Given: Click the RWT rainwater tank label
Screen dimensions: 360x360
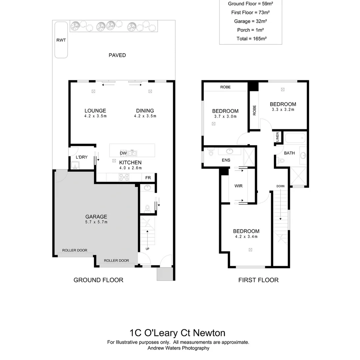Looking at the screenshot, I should click(61, 40).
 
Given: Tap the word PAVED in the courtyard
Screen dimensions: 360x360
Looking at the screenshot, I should click(117, 55).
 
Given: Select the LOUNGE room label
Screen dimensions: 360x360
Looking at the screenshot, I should click(95, 111).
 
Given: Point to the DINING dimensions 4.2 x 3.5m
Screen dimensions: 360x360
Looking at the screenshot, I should click(145, 116).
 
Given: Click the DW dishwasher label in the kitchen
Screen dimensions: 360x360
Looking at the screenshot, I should click(123, 153).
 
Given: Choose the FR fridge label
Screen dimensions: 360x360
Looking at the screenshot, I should click(148, 178).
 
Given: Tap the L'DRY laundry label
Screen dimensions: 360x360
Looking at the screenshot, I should click(82, 157).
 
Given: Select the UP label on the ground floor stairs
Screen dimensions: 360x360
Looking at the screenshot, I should click(147, 249).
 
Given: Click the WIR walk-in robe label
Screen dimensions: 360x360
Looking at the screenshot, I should click(238, 186).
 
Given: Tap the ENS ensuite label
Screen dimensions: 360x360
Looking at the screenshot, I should click(226, 160).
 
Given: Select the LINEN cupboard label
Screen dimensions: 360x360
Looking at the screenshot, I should click(277, 137).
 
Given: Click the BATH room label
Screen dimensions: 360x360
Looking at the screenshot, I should click(289, 153).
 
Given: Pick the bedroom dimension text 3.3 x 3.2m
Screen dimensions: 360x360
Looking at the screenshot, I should click(283, 109).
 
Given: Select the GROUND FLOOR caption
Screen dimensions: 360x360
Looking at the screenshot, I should click(98, 280).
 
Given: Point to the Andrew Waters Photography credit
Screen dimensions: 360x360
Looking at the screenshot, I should click(178, 348).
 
